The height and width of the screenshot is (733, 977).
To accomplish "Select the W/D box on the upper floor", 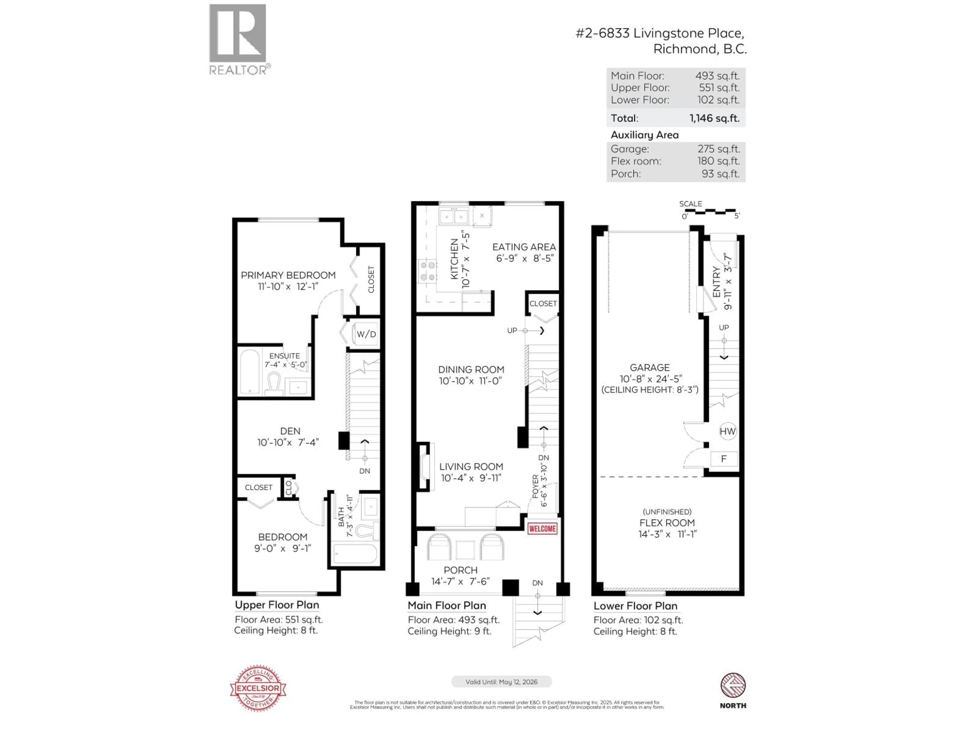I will click(x=366, y=334).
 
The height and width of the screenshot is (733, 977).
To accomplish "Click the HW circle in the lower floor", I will click(x=727, y=431).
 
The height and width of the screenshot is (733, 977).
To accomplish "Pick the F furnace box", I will click(x=724, y=459).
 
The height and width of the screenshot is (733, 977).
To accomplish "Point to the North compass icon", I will click(x=733, y=685).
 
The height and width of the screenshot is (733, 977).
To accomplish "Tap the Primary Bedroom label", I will click(x=288, y=275).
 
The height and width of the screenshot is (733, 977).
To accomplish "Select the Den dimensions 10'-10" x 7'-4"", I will click(x=288, y=442).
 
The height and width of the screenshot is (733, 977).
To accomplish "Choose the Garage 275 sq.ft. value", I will click(x=718, y=149).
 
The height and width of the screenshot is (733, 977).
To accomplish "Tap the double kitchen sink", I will click(x=454, y=217).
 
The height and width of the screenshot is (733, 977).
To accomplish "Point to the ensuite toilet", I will click(x=274, y=383).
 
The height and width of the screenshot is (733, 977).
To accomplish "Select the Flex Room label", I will click(x=667, y=523).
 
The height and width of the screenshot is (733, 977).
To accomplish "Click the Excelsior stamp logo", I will click(x=258, y=688).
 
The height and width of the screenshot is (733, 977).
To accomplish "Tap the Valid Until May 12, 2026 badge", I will click(x=501, y=682).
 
